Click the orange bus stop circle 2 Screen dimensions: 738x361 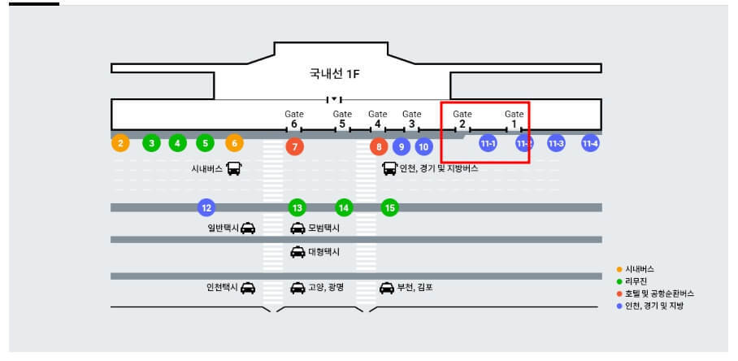click(120, 143)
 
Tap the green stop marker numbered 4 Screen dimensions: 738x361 click(178, 143)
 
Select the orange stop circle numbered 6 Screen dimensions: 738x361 click(234, 143)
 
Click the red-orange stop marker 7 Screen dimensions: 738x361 click(295, 147)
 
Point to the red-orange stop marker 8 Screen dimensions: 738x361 click(378, 147)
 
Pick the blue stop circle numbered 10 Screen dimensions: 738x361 click(423, 147)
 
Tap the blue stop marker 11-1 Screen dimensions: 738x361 click(488, 143)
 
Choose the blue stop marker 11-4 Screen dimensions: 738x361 click(590, 143)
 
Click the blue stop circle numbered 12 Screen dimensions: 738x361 click(206, 207)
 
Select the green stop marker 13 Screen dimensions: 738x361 click(297, 207)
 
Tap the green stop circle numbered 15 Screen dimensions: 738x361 click(390, 207)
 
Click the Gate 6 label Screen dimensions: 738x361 click(294, 120)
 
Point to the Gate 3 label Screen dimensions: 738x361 click(412, 120)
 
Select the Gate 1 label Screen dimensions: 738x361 click(514, 120)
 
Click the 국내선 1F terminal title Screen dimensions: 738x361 click(334, 74)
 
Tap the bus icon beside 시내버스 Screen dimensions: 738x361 click(234, 169)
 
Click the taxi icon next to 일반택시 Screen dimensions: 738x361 click(248, 228)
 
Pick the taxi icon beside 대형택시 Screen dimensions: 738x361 click(298, 252)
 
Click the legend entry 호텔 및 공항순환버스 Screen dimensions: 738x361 click(659, 293)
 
